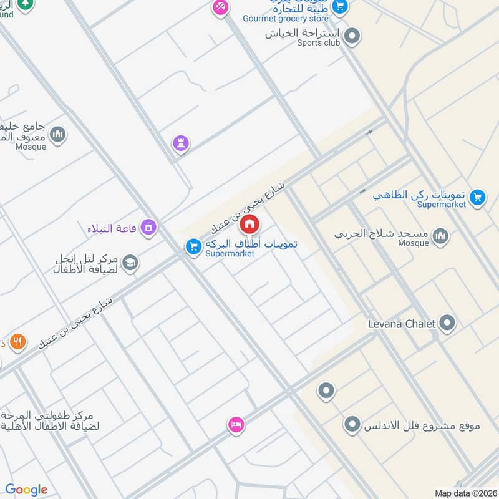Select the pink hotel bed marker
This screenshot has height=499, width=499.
point(236,425)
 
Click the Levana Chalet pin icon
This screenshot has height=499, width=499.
point(447,323)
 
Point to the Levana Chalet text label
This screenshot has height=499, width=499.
point(401,324)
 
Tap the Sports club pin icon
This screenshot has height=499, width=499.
point(352,36)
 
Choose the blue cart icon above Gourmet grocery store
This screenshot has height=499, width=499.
point(339,7)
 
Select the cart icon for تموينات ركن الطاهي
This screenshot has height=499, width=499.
point(477,197)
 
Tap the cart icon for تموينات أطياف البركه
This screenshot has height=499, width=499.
point(193,247)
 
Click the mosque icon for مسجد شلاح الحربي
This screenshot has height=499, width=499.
point(440,235)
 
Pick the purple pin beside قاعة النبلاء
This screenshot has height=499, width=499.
point(148,227)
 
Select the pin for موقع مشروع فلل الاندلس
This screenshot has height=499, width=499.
point(352,425)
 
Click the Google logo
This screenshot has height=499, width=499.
point(26,490)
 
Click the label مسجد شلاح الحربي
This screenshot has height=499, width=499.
point(382,235)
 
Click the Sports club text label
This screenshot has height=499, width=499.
point(319,42)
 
